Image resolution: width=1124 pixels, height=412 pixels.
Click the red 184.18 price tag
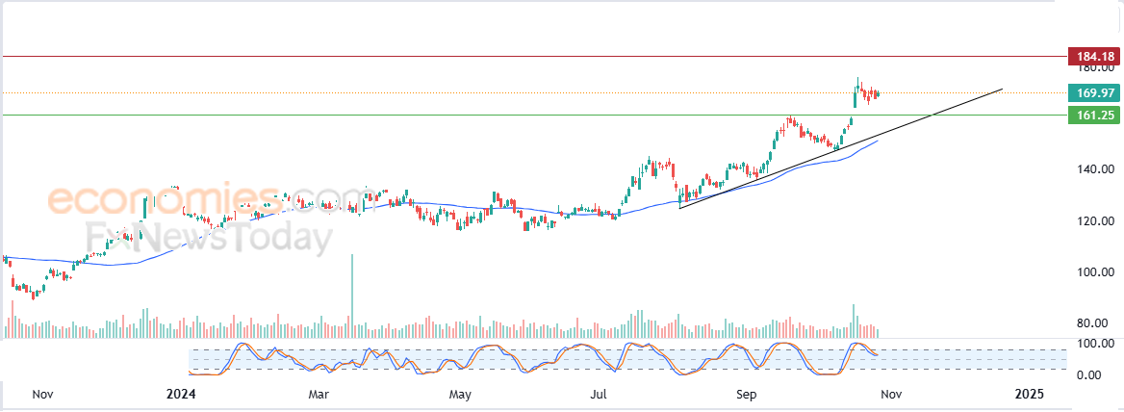(1093, 56)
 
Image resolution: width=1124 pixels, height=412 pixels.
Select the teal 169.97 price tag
(1093, 92)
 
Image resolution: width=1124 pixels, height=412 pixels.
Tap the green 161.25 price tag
(1093, 115)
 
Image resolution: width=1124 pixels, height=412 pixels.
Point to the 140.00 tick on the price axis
(1097, 169)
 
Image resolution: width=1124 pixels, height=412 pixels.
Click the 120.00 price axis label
(1097, 220)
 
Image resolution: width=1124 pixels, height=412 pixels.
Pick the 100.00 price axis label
(1097, 272)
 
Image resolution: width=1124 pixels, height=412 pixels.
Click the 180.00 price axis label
(1097, 68)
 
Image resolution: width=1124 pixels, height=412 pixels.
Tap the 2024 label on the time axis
(182, 394)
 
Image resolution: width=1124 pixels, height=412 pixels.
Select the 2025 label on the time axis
(1029, 394)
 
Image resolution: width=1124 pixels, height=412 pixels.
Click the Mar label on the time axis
(319, 394)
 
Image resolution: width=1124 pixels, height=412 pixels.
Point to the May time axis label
(459, 394)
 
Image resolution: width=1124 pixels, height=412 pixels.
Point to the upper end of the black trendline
(1002, 90)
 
